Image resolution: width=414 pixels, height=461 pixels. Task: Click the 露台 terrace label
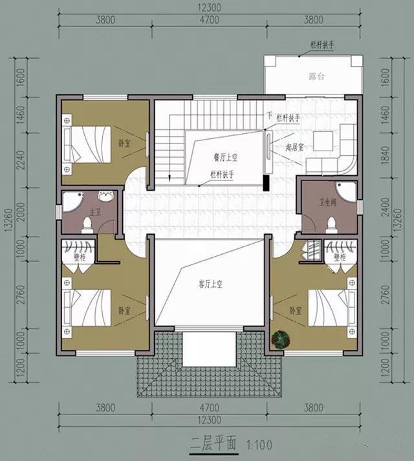pos(316,76)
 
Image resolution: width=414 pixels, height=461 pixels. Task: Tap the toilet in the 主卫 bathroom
pos(87,224)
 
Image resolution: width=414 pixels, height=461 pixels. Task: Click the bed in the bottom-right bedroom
pos(330,306)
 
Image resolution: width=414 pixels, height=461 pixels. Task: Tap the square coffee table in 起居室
pos(322,140)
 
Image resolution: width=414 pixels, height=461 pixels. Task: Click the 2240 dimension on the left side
pos(19,155)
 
